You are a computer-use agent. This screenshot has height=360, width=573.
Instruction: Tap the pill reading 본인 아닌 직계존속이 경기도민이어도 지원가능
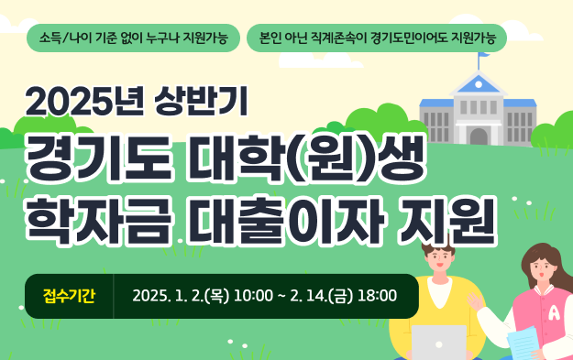pos(377,38)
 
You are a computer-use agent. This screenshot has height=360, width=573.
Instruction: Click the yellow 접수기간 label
pos(69,296)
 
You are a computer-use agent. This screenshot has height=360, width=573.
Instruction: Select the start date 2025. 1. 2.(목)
pos(181,296)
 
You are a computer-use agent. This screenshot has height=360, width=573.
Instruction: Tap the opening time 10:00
pos(254,296)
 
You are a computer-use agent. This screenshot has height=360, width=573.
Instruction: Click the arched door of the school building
pos(478,136)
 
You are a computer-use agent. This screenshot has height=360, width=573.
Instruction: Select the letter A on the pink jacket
pos(554,312)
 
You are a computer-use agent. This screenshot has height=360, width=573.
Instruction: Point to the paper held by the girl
pos(522,344)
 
